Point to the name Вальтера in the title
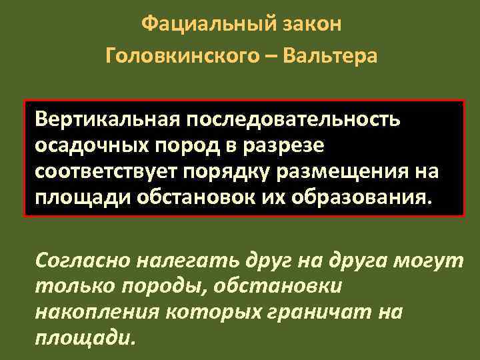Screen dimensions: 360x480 330,55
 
